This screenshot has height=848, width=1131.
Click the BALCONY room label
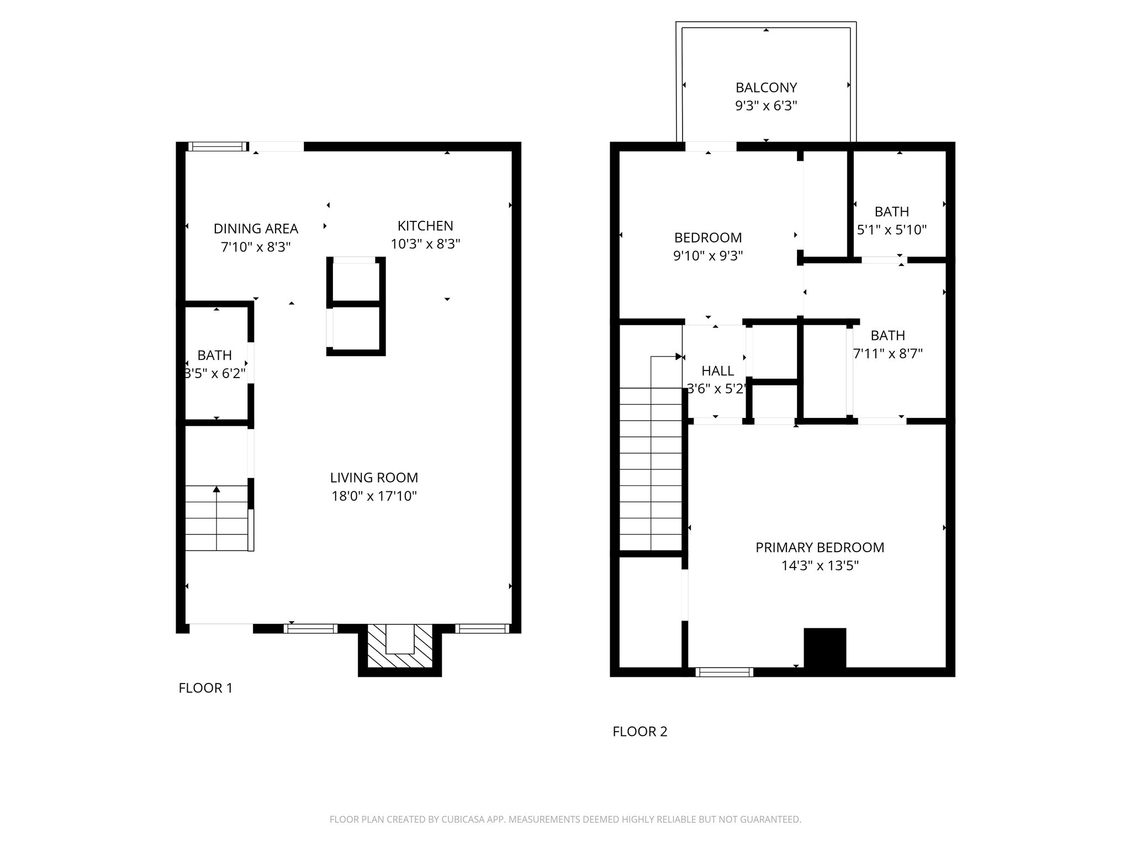click(x=765, y=87)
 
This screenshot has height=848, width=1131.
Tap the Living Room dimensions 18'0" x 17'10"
click(x=374, y=496)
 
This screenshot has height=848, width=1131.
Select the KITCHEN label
click(x=425, y=226)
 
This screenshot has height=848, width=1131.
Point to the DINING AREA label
click(x=256, y=229)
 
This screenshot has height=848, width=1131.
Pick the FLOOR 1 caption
click(x=205, y=688)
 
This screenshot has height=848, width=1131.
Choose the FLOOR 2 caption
click(x=640, y=732)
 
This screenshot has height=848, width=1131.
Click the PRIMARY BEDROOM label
click(x=820, y=548)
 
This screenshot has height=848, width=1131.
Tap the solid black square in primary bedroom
click(x=825, y=648)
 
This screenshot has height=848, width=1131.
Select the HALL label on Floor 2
click(x=717, y=371)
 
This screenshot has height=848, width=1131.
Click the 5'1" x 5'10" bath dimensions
click(x=891, y=230)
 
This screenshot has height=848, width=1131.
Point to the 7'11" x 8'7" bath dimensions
click(x=887, y=353)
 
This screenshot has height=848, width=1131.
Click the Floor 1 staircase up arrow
click(x=216, y=490)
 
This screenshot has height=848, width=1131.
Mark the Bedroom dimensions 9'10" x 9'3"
click(x=707, y=256)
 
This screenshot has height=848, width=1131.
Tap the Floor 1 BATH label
click(x=214, y=355)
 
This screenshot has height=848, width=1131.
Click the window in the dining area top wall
click(x=218, y=146)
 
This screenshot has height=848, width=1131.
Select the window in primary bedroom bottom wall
click(x=724, y=672)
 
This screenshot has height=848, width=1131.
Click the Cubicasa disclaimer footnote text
click(x=565, y=819)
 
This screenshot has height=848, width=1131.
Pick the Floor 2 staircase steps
click(x=651, y=469)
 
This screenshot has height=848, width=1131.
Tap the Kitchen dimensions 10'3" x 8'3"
click(x=425, y=244)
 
